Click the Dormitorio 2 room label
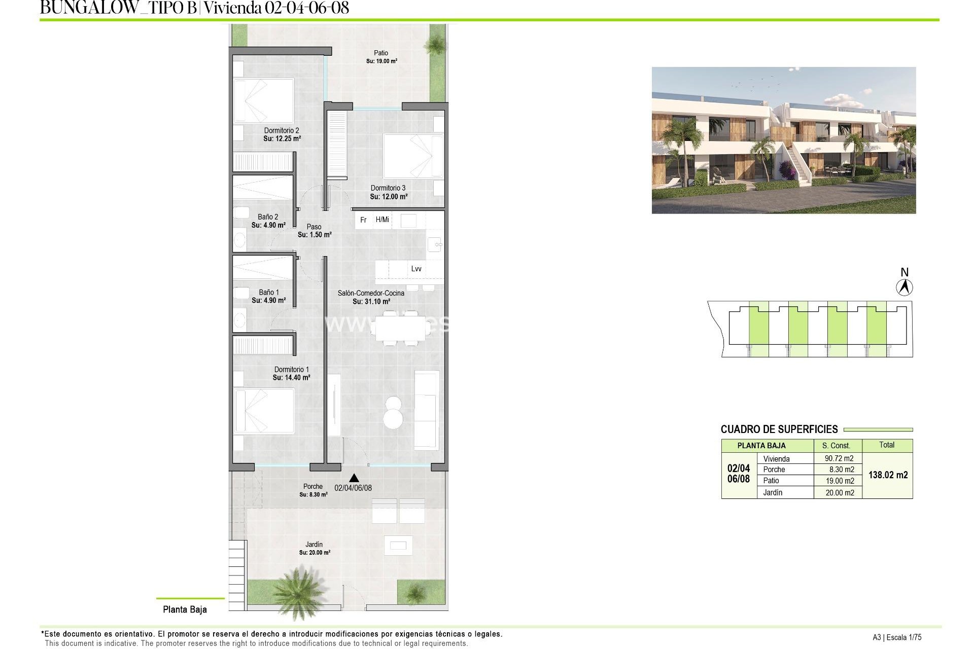coord(282,130)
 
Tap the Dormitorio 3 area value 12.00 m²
coord(389,197)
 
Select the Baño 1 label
coord(269,292)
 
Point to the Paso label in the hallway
coord(314,227)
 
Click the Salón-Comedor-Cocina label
coord(371,293)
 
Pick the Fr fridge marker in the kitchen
coord(363,220)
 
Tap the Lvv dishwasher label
coord(416,269)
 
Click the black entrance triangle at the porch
coord(354,478)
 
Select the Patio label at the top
coord(381,53)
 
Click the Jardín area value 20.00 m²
coord(315,553)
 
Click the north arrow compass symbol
coord(904,287)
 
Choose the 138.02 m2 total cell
coord(888,475)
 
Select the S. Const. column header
coord(836,445)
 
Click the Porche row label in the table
coord(774,470)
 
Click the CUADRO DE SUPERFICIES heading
coord(779,429)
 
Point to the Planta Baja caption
coord(185,609)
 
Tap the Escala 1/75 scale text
coord(905,638)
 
